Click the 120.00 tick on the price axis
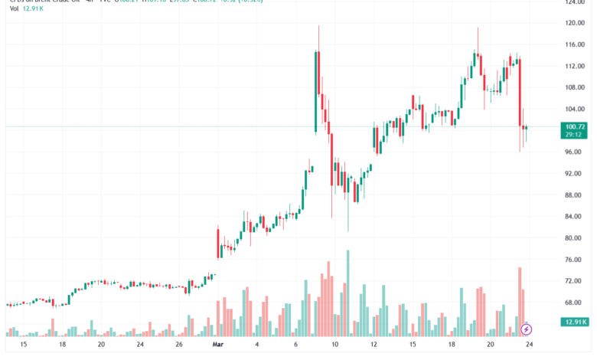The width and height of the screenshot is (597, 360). point(575,23)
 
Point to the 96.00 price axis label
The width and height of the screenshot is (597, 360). point(575,152)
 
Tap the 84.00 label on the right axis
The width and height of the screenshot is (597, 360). point(575,217)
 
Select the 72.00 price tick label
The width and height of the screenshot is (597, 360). point(575,281)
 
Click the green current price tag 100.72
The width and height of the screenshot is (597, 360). point(575,126)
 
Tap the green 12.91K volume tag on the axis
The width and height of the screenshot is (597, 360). point(575,322)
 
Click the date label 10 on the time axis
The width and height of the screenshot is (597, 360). point(334,345)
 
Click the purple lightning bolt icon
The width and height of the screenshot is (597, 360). point(527,329)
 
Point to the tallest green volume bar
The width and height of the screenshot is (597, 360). point(347,293)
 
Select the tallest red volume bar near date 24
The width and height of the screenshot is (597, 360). point(519,301)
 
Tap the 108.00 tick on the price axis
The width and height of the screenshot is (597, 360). point(575,87)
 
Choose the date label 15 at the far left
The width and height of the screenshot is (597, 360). point(24,345)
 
